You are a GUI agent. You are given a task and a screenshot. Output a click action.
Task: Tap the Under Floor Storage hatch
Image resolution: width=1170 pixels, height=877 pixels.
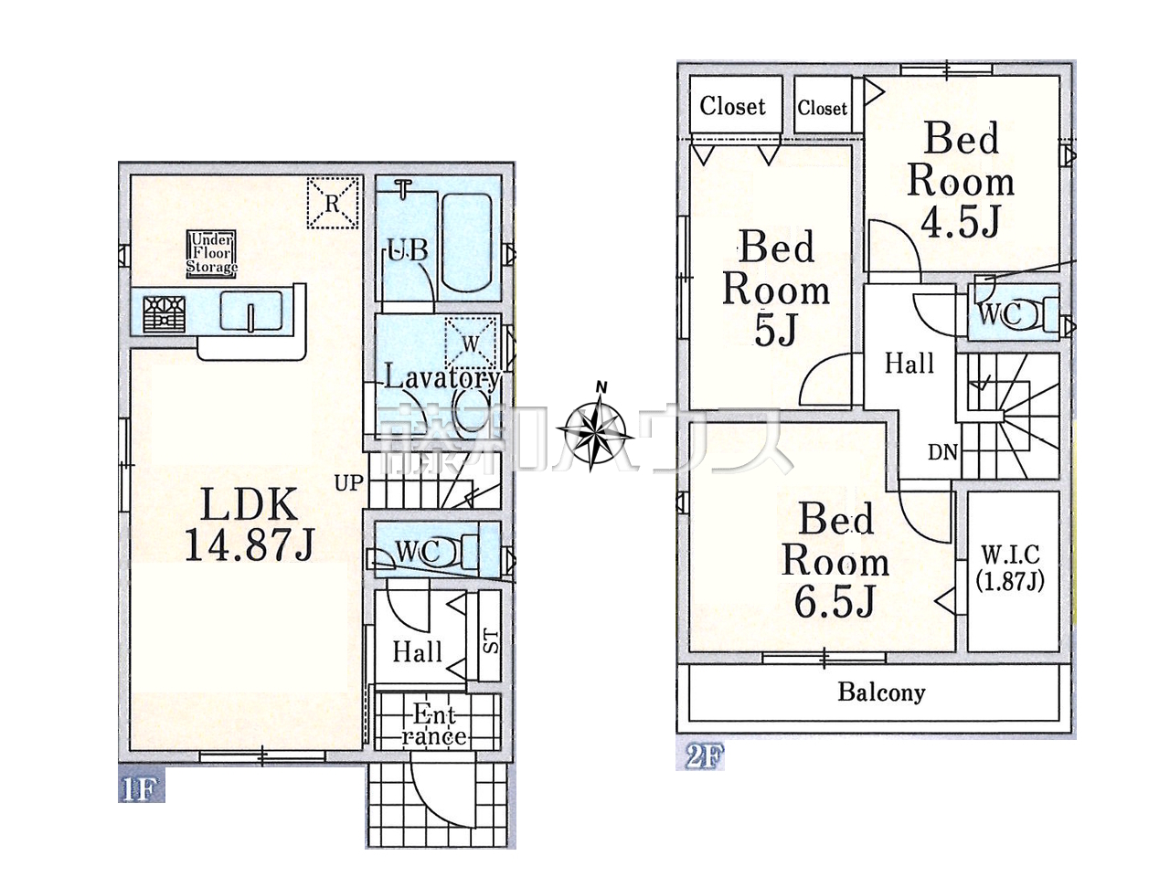(212, 254)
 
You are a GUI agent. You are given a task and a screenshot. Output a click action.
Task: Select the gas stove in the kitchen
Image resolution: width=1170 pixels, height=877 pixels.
(165, 314)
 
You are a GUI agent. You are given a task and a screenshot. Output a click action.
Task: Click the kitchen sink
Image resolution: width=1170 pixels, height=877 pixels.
(251, 311)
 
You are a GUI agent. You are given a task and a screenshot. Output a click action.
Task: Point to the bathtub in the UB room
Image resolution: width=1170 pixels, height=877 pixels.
(467, 243)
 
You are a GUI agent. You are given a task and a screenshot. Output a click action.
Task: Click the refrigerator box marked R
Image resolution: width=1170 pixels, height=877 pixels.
(333, 202)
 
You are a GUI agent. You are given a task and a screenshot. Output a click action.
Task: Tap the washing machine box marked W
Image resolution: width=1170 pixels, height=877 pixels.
(470, 343)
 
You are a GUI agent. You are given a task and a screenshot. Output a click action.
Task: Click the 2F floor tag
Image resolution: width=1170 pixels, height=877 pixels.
(700, 755)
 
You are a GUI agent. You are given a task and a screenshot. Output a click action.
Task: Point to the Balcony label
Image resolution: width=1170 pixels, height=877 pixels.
(881, 692)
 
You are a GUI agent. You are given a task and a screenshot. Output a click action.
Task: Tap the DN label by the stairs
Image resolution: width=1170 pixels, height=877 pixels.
(942, 452)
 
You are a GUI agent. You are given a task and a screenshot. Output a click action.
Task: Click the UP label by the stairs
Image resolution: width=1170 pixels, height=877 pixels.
(349, 482)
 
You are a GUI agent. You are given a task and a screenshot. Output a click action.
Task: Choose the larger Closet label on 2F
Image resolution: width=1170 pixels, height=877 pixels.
(732, 106)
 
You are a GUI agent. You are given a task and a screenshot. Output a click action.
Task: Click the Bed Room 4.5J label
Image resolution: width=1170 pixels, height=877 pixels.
(961, 179)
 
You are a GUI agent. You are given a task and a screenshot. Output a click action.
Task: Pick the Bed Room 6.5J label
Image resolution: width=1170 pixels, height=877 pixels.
(835, 560)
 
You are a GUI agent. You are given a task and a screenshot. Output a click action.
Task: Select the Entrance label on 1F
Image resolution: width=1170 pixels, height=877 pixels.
(434, 724)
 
